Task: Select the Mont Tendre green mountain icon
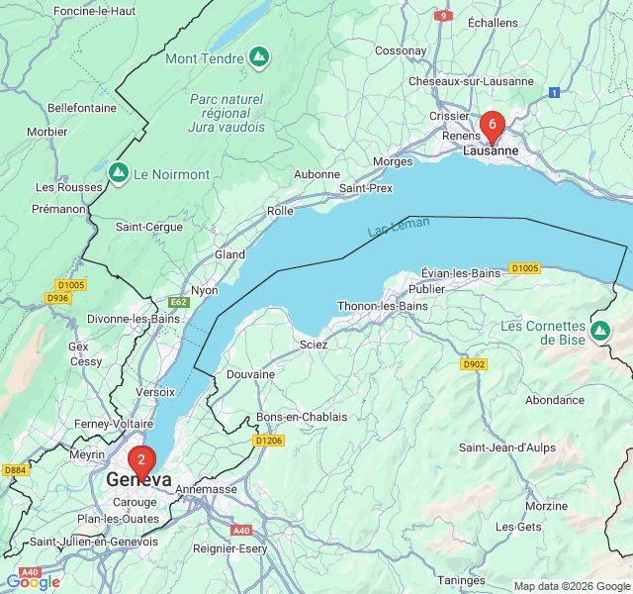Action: pos(258,58)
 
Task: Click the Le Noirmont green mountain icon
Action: pos(119,174)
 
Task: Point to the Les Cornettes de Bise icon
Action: pos(600,330)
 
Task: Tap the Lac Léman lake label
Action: pos(399,227)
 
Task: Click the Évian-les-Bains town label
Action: pos(461,272)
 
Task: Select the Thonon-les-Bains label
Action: pos(383,306)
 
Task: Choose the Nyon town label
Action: pos(204,290)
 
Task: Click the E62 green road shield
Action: pos(179,302)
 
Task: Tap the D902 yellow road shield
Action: pos(474,364)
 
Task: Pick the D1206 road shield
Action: pos(268,441)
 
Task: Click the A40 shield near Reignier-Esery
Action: pos(241,531)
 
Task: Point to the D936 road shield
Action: pos(58,298)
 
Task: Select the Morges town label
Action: pos(393,161)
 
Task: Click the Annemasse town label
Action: pos(206,489)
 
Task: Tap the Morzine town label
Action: pos(546,506)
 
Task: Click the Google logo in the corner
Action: pos(33,581)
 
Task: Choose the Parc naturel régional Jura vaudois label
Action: pos(226,113)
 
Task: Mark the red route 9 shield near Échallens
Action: pos(445,16)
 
